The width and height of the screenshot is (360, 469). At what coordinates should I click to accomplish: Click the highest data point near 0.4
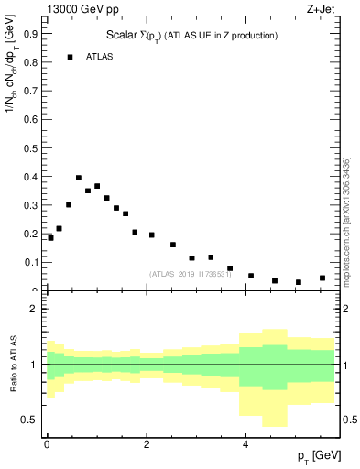pyautogui.click(x=79, y=178)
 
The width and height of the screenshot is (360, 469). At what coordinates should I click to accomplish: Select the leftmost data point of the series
pyautogui.click(x=50, y=238)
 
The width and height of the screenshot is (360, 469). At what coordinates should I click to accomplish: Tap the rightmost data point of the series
pyautogui.click(x=322, y=278)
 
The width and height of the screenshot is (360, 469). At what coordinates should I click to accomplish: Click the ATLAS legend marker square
pyautogui.click(x=70, y=57)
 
